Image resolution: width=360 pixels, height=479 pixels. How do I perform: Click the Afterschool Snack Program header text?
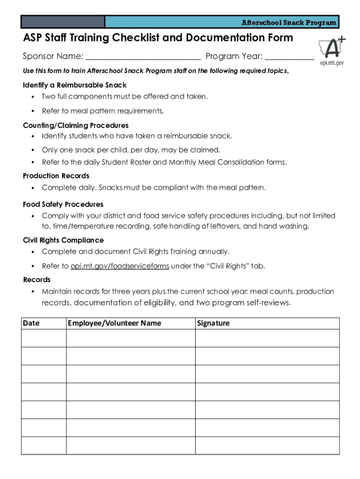288,22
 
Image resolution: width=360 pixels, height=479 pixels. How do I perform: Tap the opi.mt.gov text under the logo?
331,63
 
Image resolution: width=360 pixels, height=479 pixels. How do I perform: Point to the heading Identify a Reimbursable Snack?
75,85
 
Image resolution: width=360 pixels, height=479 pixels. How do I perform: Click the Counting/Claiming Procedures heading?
76,125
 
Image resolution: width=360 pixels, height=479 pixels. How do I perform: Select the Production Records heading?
56,176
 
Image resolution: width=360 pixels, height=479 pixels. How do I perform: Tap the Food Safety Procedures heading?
63,204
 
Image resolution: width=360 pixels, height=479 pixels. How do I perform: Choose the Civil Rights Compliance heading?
64,240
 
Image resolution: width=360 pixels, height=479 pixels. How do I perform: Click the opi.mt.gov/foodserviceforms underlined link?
120,266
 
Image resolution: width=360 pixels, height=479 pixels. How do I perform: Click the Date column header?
31,323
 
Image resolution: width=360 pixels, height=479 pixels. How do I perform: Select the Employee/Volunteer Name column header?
115,323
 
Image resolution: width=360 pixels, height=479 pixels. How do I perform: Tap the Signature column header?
214,323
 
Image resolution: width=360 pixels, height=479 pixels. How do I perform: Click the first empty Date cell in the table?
44,338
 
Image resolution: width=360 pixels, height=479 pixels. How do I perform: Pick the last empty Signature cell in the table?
267,445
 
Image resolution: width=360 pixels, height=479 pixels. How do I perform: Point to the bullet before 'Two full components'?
33,97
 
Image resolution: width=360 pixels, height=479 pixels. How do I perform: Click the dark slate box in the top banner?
63,22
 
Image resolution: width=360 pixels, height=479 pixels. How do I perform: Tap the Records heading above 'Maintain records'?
37,280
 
